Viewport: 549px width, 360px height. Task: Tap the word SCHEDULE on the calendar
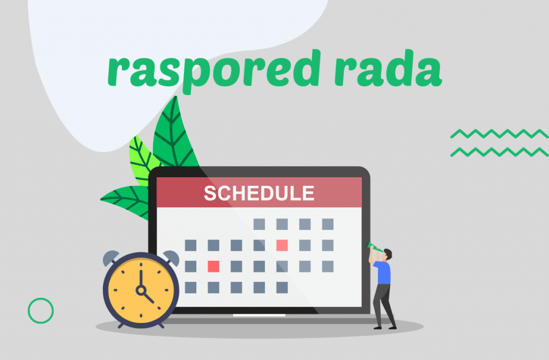259,193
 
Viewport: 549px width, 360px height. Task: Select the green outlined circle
41,310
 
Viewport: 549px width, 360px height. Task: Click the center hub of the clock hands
141,290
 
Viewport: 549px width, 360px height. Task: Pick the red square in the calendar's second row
282,245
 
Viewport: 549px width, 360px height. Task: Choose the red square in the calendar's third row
213,266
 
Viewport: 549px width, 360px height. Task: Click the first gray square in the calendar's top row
259,224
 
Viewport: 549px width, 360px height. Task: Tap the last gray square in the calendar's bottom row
282,288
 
